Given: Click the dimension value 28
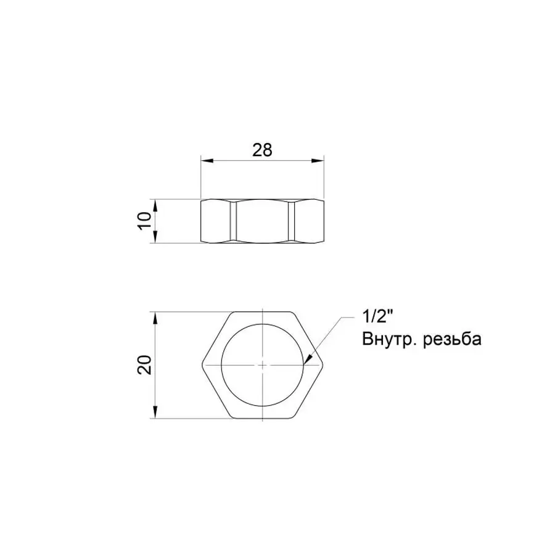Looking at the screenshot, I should point(263,150).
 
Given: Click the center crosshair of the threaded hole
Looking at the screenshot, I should point(263,364).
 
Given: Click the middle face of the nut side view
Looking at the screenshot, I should point(263,221).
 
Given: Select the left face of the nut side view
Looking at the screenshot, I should point(216,221).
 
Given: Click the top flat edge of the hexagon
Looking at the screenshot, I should point(263,311).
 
